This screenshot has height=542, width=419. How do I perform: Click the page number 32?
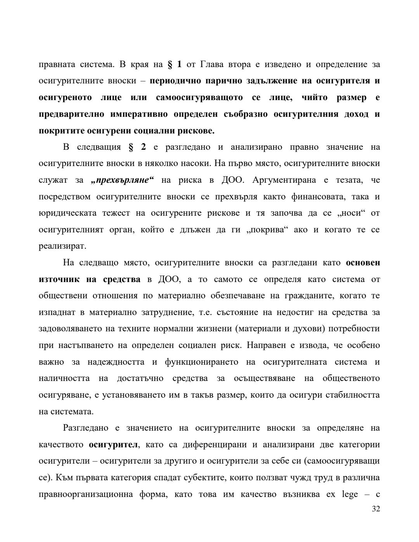pyautogui.click(x=376, y=509)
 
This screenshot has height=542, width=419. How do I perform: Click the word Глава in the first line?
pyautogui.click(x=214, y=64)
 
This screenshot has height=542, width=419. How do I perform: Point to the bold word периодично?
pyautogui.click(x=174, y=81)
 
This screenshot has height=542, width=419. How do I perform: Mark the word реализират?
pyautogui.click(x=62, y=246)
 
